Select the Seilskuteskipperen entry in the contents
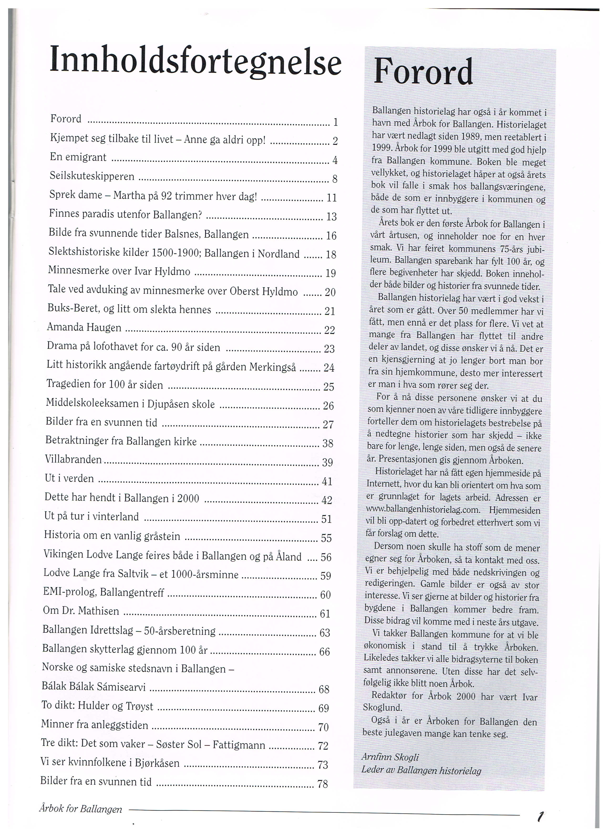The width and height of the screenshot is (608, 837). [92, 176]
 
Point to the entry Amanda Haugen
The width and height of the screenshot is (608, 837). [84, 327]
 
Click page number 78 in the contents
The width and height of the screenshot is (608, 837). [323, 784]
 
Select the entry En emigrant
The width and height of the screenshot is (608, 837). [78, 157]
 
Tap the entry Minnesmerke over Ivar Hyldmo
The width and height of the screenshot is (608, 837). [119, 271]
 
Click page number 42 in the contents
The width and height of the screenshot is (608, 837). [327, 500]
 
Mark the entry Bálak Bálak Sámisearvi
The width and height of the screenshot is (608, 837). [94, 687]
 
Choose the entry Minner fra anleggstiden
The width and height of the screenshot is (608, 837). [95, 725]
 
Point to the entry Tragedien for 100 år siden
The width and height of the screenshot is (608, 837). [105, 384]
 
